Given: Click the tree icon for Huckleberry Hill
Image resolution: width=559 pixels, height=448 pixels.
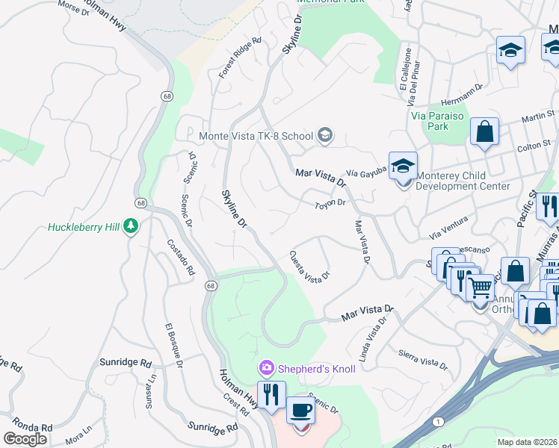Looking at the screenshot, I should (132, 225).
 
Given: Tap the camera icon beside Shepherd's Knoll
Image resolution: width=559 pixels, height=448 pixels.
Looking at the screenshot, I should (265, 368).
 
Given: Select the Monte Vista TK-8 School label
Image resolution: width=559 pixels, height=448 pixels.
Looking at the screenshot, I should (257, 136).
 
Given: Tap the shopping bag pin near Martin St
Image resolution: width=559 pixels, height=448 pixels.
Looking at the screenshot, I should (484, 132).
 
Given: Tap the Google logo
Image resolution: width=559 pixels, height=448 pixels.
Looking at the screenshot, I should (25, 439).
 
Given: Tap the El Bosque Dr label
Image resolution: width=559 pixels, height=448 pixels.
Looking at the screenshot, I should (174, 346).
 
